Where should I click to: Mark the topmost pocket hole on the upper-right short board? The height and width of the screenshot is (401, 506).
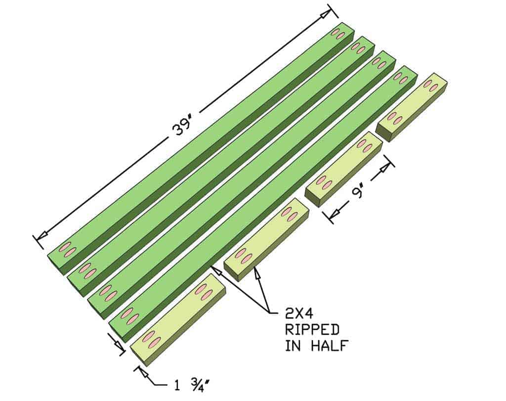[x=427, y=84]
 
